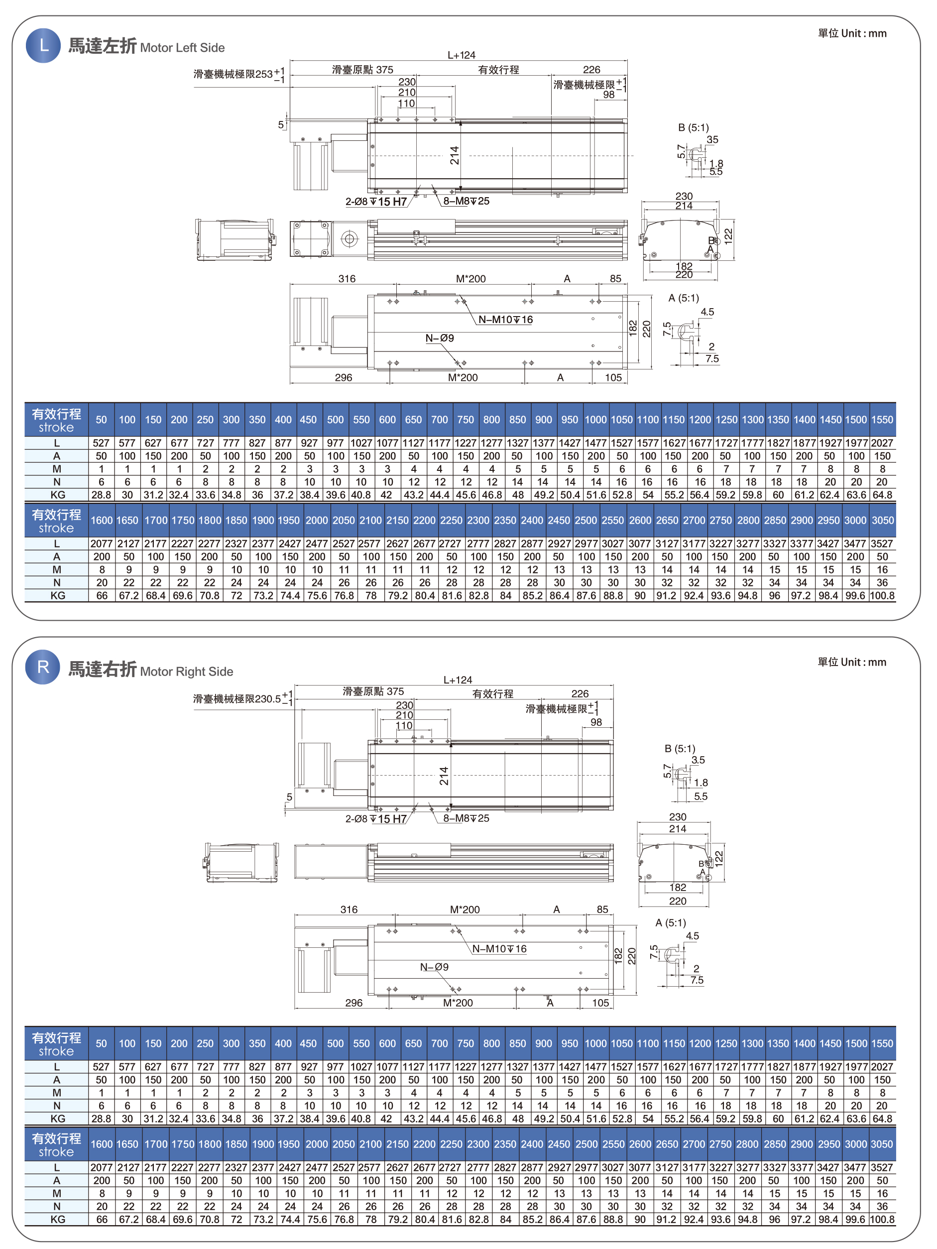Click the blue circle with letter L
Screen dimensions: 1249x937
pos(43,45)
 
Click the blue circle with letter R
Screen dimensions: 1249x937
pos(43,668)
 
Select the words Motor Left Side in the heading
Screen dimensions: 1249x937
pos(182,48)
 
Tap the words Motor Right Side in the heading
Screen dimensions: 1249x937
pos(186,672)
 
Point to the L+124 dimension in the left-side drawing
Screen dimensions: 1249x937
pos(462,55)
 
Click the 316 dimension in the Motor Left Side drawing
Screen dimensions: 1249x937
pos(347,278)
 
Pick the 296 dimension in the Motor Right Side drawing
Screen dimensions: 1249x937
pos(353,1003)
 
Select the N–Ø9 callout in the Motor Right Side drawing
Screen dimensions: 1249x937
pos(434,967)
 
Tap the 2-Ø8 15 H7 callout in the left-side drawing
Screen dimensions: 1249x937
pos(376,202)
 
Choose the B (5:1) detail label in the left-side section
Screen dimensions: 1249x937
pos(693,127)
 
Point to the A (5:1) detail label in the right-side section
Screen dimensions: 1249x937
pos(671,922)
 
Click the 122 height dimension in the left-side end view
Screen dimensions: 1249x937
pos(728,235)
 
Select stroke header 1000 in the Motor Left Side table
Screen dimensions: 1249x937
pos(595,420)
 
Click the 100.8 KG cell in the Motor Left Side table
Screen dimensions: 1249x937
pos(882,595)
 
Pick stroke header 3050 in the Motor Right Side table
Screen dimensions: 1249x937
pos(882,1144)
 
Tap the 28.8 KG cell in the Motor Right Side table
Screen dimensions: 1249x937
pos(101,1119)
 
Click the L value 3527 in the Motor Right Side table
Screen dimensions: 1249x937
pos(882,1167)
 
